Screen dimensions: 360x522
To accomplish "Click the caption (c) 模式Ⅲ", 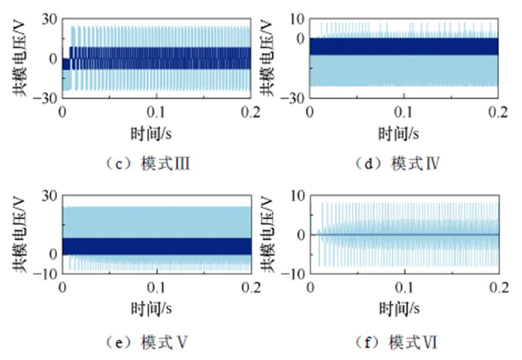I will (x=146, y=164).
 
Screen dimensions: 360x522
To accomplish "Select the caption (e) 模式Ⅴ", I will (x=146, y=343).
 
